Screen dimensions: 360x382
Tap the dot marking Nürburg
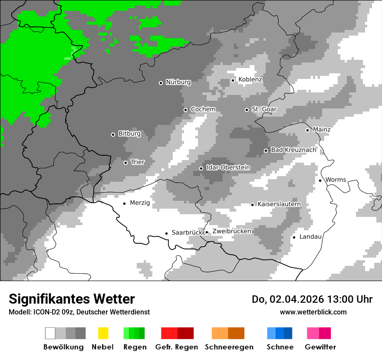coord(161,83)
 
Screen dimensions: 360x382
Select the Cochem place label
coord(203,109)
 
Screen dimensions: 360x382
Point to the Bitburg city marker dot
coord(113,134)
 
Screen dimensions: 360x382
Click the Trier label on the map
coord(138,162)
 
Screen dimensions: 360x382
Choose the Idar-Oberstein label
coord(228,168)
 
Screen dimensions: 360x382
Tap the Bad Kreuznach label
coord(293,150)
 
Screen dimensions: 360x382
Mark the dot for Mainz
coord(307,130)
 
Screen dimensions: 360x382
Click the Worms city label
coord(336,180)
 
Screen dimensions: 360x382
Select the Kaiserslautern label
coord(279,204)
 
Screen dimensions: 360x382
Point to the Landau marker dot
coord(294,237)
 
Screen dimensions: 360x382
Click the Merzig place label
coord(140,203)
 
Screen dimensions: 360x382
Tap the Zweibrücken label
coord(231,232)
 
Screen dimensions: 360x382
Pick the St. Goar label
coord(264,109)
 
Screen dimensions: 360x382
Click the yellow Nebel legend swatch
coord(103,333)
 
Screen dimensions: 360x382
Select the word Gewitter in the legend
coord(320,347)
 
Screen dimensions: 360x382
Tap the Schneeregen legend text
coord(229,347)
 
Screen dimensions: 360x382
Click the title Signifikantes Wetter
coord(72,299)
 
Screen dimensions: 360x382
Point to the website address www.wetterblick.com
coord(313,312)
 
